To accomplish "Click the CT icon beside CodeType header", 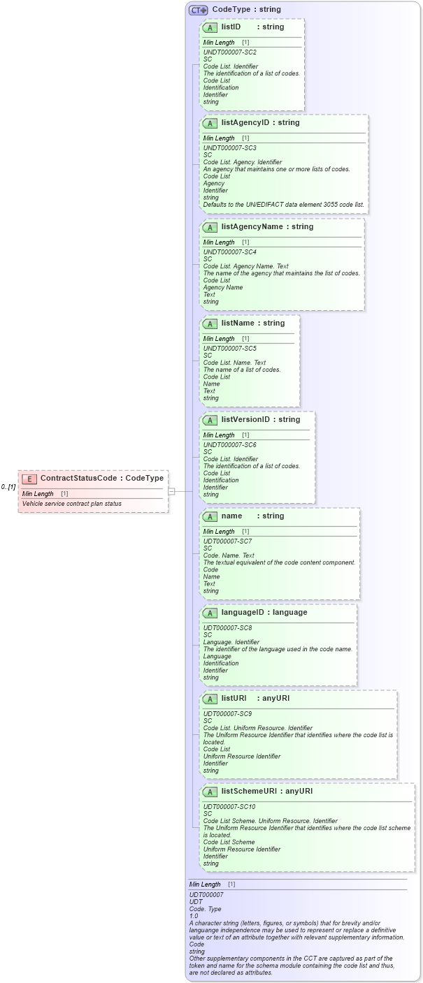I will pyautogui.click(x=199, y=10).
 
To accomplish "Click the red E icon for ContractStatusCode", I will pyautogui.click(x=29, y=479).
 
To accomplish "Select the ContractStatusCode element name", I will pyautogui.click(x=80, y=479).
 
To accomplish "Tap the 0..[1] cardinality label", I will pyautogui.click(x=8, y=486).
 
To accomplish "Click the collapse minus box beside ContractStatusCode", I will pyautogui.click(x=171, y=491).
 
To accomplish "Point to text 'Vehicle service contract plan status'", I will pyautogui.click(x=71, y=503).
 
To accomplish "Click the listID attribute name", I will pyautogui.click(x=231, y=27).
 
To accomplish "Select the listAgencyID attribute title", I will pyautogui.click(x=245, y=122).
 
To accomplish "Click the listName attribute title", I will pyautogui.click(x=236, y=323).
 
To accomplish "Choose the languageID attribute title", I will pyautogui.click(x=245, y=612).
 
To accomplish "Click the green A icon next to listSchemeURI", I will pyautogui.click(x=210, y=792).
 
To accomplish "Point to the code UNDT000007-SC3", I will pyautogui.click(x=229, y=148).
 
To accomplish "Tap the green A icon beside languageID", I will pyautogui.click(x=210, y=613).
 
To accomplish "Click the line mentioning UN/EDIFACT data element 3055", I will pyautogui.click(x=283, y=205).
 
